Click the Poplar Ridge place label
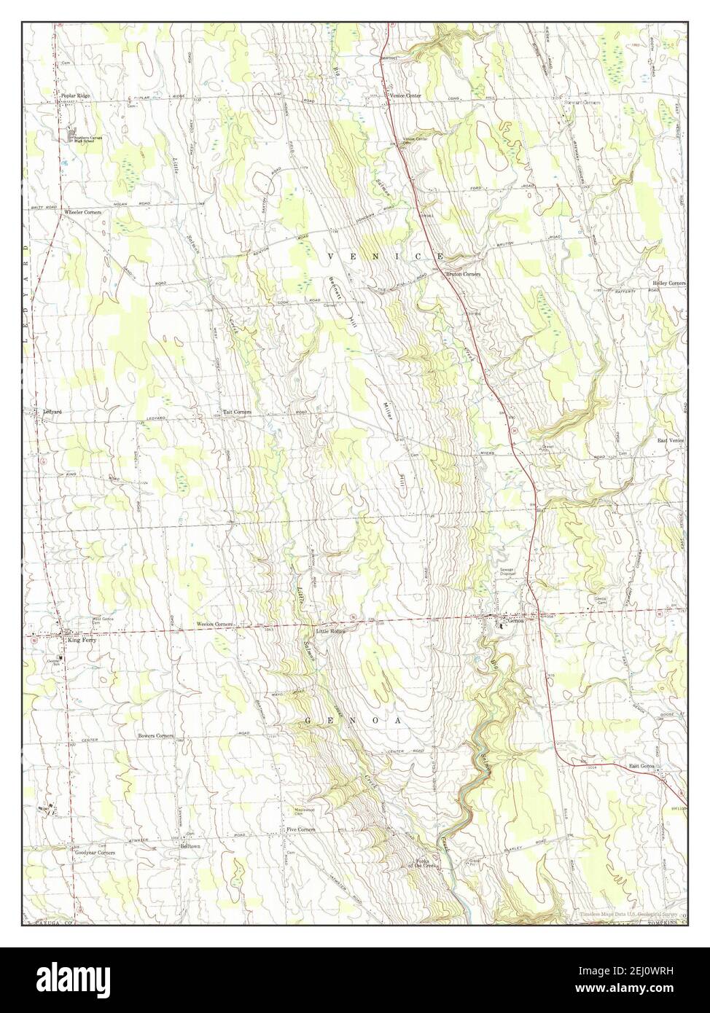(x=75, y=96)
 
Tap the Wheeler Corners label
(x=82, y=212)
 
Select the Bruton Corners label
(x=463, y=274)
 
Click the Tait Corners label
(x=237, y=412)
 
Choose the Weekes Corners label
(x=214, y=625)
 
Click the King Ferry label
(x=82, y=640)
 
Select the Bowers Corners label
(x=155, y=736)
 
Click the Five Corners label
(x=300, y=829)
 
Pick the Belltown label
(x=190, y=848)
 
